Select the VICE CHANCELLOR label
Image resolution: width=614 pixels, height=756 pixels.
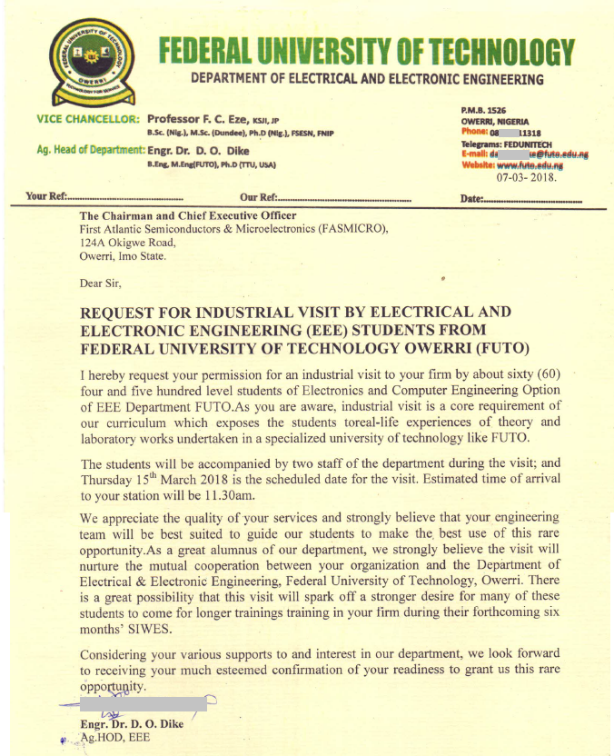(x=88, y=119)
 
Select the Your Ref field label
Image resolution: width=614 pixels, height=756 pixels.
(x=47, y=197)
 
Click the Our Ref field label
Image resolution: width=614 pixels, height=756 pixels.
(x=258, y=197)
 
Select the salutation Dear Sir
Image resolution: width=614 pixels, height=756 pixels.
(x=104, y=283)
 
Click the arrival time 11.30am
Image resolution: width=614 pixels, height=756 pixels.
(x=230, y=496)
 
